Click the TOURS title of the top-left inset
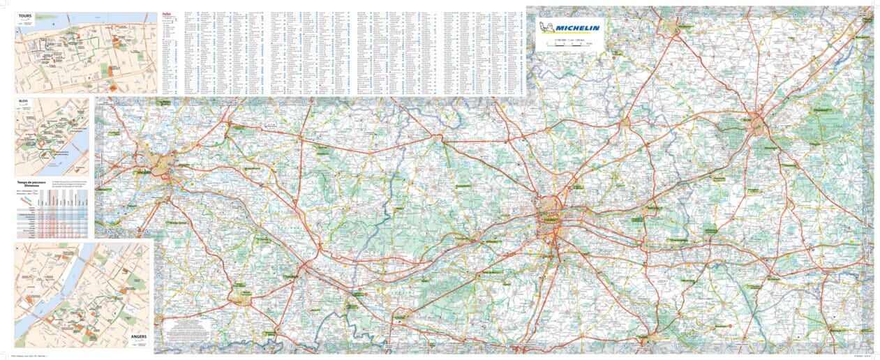(x=26, y=15)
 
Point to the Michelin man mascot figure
(x=549, y=27)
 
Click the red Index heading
(x=166, y=13)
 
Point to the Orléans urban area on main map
(x=758, y=126)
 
